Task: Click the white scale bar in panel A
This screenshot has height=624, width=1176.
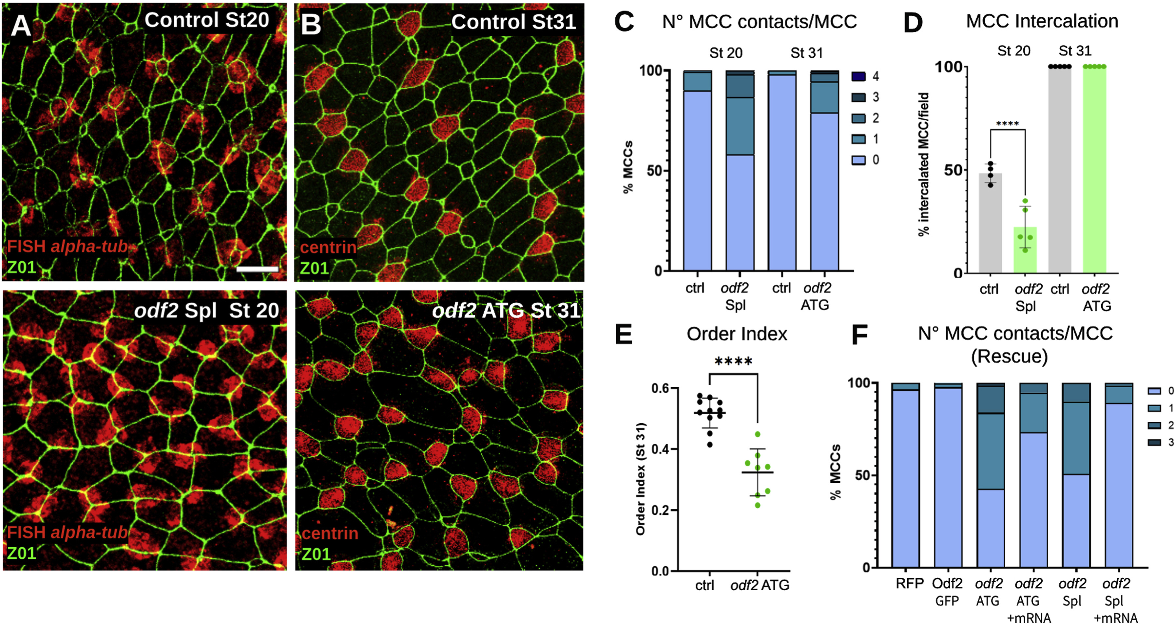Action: (x=257, y=270)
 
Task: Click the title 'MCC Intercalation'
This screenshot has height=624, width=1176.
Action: (x=1042, y=21)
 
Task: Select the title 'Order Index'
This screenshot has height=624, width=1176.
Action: (x=737, y=334)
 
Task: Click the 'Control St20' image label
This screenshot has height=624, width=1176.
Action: (x=207, y=20)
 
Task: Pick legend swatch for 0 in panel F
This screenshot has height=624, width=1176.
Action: (x=1154, y=391)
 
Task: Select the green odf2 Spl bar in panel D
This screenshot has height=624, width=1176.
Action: (x=1025, y=250)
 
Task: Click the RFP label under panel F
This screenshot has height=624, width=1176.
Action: (x=909, y=583)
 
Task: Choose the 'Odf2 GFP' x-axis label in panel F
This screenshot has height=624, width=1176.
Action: (x=947, y=592)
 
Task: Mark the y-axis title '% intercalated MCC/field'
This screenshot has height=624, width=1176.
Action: (x=924, y=165)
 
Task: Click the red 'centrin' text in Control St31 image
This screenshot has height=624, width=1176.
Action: (x=328, y=247)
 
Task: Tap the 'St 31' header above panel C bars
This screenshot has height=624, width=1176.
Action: (x=806, y=53)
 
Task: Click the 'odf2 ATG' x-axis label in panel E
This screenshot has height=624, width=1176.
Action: (x=760, y=585)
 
